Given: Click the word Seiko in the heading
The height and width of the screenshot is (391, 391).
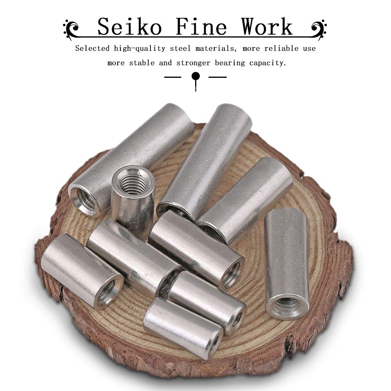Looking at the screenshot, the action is (x=129, y=27).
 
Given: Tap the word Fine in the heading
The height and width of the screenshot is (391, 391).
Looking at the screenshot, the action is (x=201, y=27).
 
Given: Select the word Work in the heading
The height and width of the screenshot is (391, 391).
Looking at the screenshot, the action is (x=267, y=27).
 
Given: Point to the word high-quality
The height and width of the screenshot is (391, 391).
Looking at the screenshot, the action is (x=140, y=48).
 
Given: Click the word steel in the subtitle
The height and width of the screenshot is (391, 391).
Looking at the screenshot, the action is (x=180, y=48).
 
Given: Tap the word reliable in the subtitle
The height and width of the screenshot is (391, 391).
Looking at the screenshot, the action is (x=281, y=48).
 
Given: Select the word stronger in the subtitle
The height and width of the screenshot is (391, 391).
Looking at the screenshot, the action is (x=194, y=63).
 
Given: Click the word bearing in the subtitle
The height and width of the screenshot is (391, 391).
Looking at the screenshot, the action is (x=230, y=63).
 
